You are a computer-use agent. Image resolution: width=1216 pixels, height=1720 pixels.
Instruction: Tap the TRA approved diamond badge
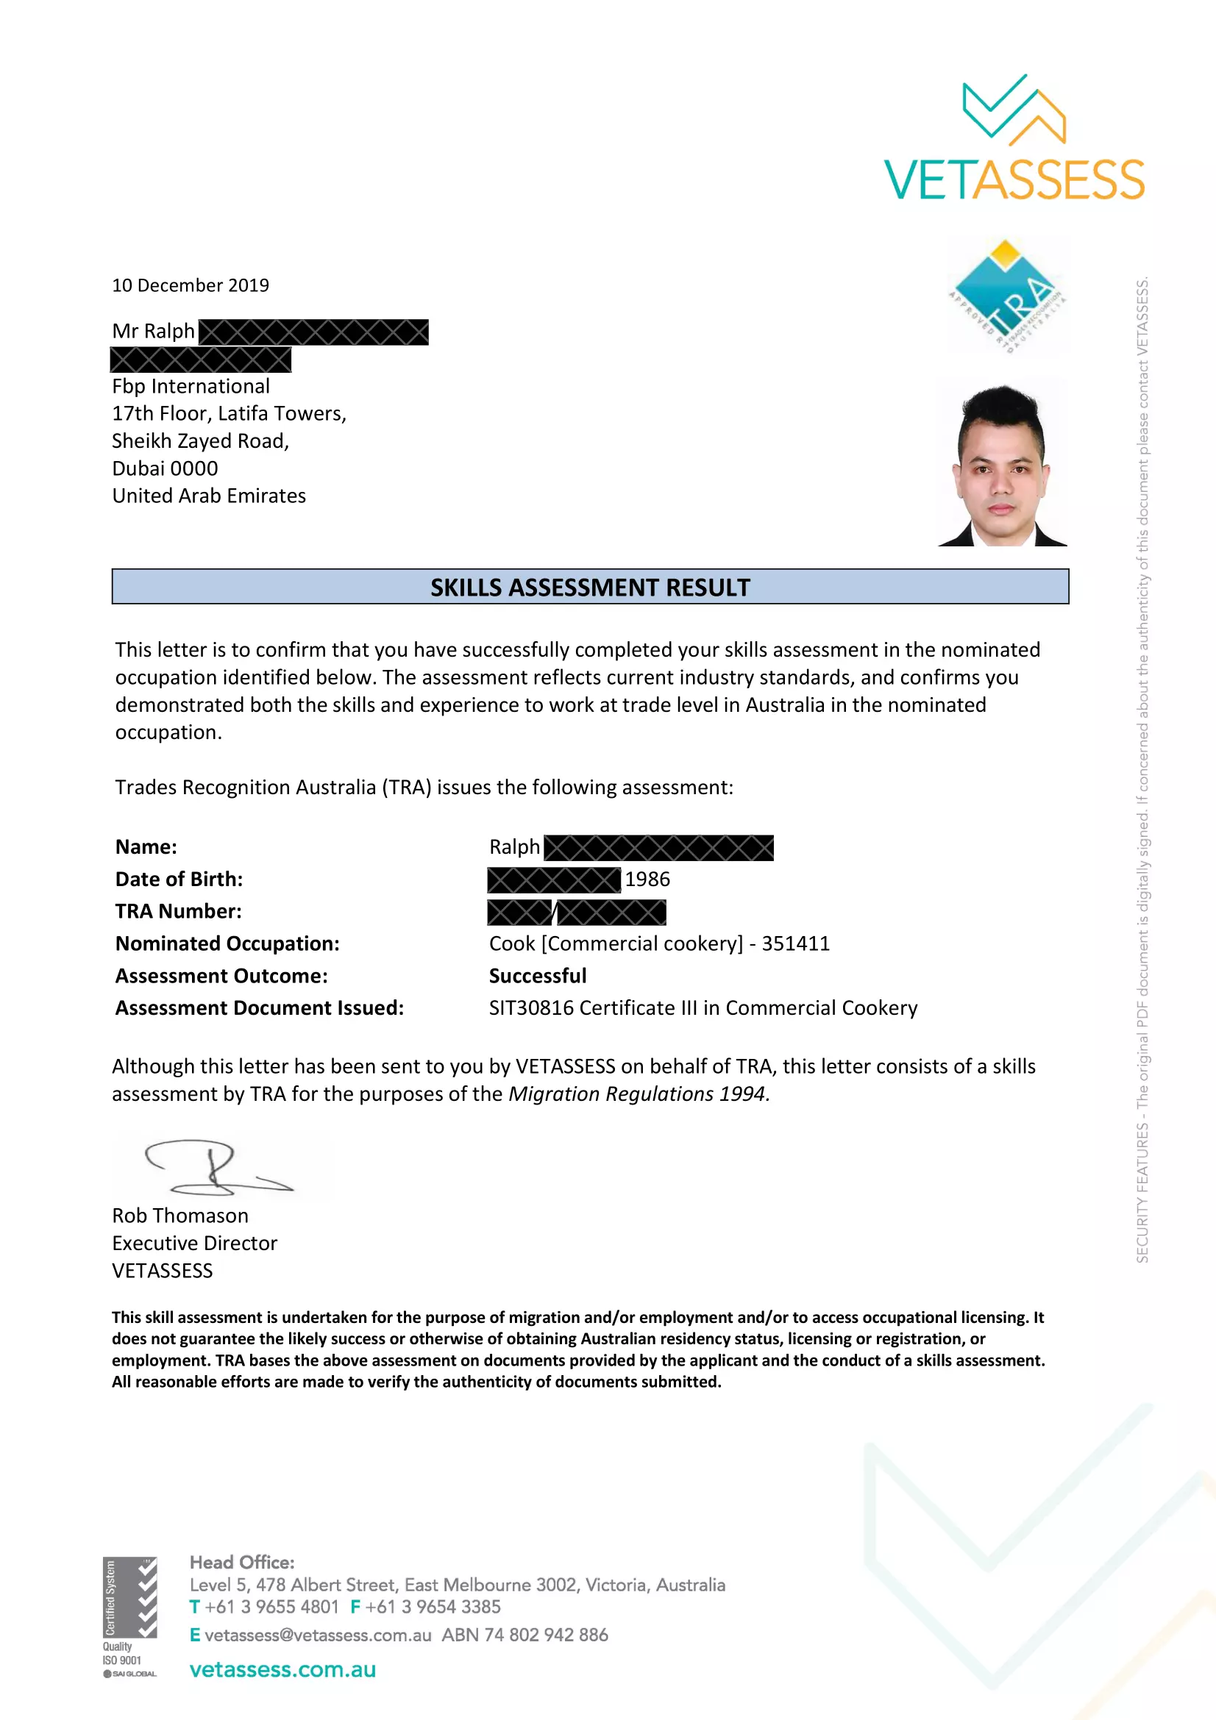pos(1007,296)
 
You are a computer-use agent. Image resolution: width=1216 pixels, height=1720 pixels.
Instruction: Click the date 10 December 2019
pos(191,285)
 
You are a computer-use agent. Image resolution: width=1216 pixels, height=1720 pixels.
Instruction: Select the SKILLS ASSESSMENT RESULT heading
pos(590,588)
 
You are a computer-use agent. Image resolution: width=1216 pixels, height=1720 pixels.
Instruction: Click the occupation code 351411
pos(796,944)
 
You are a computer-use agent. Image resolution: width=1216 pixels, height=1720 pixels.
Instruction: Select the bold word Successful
pos(537,976)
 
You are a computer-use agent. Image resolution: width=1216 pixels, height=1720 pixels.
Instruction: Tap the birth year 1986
pos(647,879)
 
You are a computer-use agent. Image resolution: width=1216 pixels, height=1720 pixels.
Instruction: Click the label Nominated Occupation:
pos(227,944)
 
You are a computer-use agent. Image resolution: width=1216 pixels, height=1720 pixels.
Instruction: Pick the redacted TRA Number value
pos(576,913)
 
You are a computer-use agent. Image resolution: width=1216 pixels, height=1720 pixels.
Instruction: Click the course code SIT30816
pos(531,1008)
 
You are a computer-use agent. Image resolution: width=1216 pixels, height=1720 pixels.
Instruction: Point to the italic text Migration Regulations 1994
pos(639,1094)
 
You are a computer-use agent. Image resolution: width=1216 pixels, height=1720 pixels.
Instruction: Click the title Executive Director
pos(195,1243)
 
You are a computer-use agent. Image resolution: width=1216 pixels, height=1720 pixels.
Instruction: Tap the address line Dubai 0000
pos(165,469)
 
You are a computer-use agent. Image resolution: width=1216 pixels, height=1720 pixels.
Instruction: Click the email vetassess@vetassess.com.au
pos(318,1635)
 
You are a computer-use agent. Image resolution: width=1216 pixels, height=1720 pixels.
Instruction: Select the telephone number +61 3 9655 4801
pos(271,1607)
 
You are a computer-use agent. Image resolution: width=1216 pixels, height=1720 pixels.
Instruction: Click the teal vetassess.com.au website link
pos(282,1670)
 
